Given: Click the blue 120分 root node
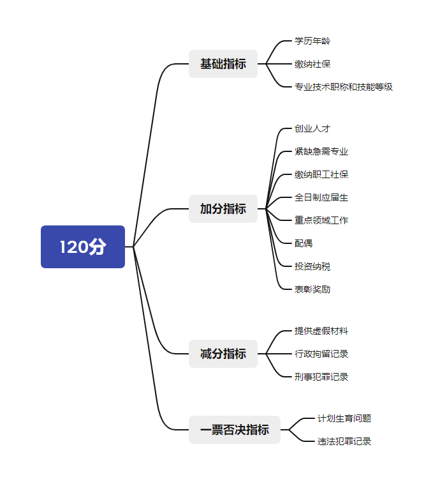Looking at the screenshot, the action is click(x=83, y=247).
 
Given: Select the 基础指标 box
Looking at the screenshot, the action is click(x=223, y=64).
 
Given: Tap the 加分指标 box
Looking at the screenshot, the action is click(x=223, y=209).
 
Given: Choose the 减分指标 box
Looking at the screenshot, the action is click(x=223, y=354).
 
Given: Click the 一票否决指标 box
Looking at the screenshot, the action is click(x=235, y=430).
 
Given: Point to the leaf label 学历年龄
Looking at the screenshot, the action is click(x=312, y=41).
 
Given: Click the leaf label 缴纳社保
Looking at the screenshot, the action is click(x=312, y=64).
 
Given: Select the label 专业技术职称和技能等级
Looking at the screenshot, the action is click(x=344, y=87).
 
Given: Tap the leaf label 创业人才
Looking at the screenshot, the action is click(x=312, y=128).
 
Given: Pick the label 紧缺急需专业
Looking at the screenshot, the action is click(x=321, y=151).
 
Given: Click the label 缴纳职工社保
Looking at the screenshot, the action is click(x=321, y=174).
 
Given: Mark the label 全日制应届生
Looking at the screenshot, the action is click(x=321, y=197).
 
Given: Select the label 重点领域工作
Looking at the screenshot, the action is click(x=321, y=220).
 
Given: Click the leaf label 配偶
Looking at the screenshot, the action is click(x=304, y=243).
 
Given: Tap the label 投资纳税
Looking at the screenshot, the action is click(x=312, y=266).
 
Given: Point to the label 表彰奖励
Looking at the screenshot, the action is click(x=312, y=289).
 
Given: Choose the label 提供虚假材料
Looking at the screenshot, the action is click(x=321, y=331).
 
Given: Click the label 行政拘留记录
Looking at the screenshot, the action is click(x=321, y=354).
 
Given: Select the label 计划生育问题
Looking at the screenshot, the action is click(x=344, y=418).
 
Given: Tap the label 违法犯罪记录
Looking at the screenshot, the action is click(x=344, y=441).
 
